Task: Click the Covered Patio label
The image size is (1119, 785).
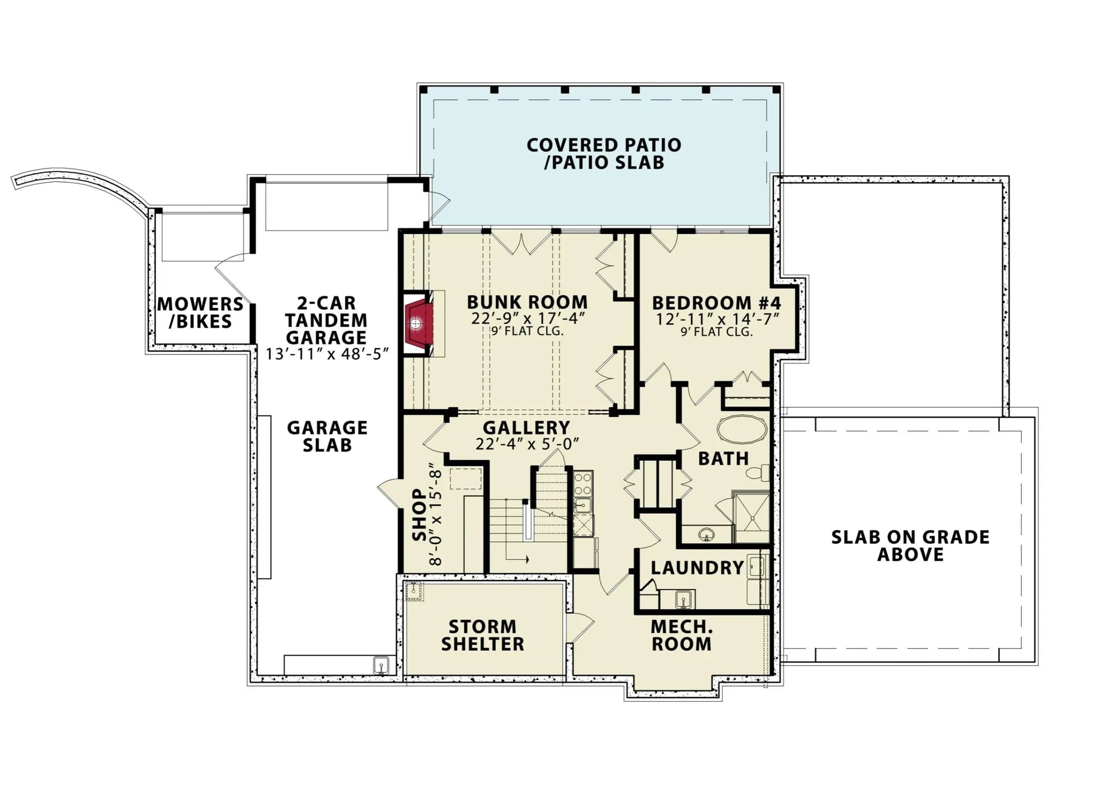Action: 604,153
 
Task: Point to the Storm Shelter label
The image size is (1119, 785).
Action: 482,635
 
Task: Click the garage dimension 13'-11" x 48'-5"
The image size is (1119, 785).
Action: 327,354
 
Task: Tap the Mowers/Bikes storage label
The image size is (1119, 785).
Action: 200,313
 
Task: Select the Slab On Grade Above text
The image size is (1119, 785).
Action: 910,545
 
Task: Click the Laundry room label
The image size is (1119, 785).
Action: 697,568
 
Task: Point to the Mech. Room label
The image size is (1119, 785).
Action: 681,635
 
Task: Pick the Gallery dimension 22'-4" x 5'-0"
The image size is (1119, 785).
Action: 526,443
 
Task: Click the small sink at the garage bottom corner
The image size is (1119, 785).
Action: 382,666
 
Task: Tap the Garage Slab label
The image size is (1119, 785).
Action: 327,436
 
